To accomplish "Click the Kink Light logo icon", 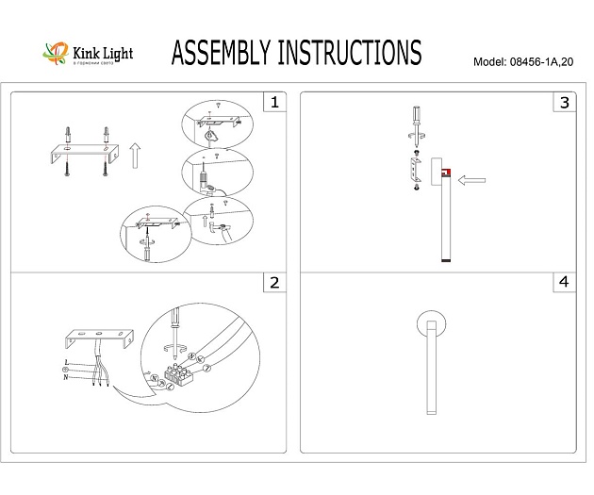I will [x=57, y=55].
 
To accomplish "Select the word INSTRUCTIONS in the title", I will [x=354, y=54].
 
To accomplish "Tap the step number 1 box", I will [x=273, y=102].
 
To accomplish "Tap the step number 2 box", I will [x=273, y=283].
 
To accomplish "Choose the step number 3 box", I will [x=564, y=102].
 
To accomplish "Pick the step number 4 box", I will [x=564, y=283].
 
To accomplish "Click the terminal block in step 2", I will [x=178, y=374].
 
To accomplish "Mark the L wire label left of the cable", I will [x=66, y=362].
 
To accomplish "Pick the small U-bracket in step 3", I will [x=414, y=171].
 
